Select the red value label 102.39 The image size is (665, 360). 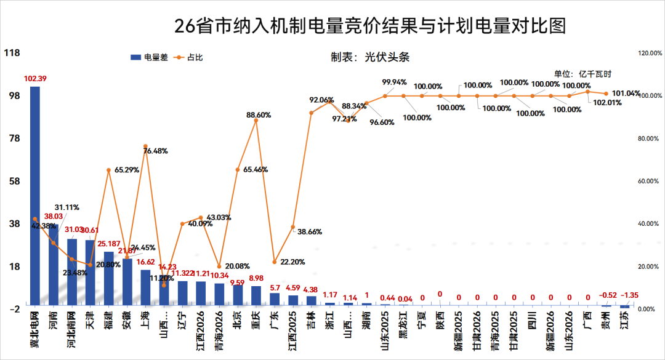35,78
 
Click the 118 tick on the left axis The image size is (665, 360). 12,53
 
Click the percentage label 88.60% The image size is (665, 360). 259,114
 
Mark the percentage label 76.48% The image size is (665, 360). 156,151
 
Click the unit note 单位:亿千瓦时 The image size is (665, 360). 582,74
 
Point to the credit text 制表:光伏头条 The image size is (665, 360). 370,57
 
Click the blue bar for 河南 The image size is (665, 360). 54,264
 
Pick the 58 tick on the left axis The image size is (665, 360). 12,181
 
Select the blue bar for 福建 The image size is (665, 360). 109,278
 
